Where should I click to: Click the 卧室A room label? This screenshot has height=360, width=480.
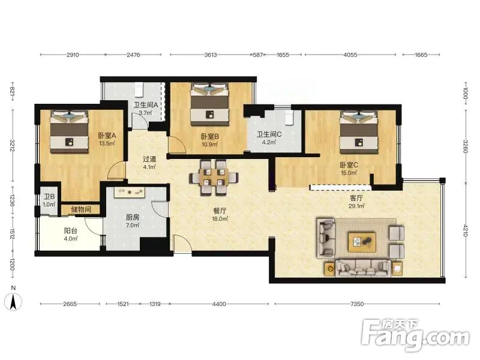[107, 136]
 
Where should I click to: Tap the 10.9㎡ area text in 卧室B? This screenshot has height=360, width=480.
[209, 144]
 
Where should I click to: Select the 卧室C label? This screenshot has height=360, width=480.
[349, 165]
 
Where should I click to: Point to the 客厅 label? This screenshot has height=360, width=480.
[356, 198]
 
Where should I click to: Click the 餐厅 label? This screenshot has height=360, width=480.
[220, 211]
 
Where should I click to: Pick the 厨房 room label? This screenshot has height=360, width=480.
[133, 217]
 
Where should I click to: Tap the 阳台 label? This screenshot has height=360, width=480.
[70, 231]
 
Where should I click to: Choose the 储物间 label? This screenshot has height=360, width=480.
[81, 209]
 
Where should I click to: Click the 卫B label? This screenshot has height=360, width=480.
[49, 197]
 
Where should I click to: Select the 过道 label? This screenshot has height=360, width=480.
[149, 159]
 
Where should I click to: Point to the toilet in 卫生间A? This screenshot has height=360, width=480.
[139, 89]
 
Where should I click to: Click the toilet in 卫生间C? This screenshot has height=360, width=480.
[289, 118]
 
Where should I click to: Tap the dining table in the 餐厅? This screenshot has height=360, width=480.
[214, 178]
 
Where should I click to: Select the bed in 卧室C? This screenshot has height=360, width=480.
[358, 131]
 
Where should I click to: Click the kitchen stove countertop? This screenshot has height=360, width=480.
[130, 192]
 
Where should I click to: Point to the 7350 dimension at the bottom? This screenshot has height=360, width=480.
[357, 304]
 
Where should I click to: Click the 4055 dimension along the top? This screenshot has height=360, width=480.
[350, 55]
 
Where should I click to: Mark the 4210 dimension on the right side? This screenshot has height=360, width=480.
[466, 230]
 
